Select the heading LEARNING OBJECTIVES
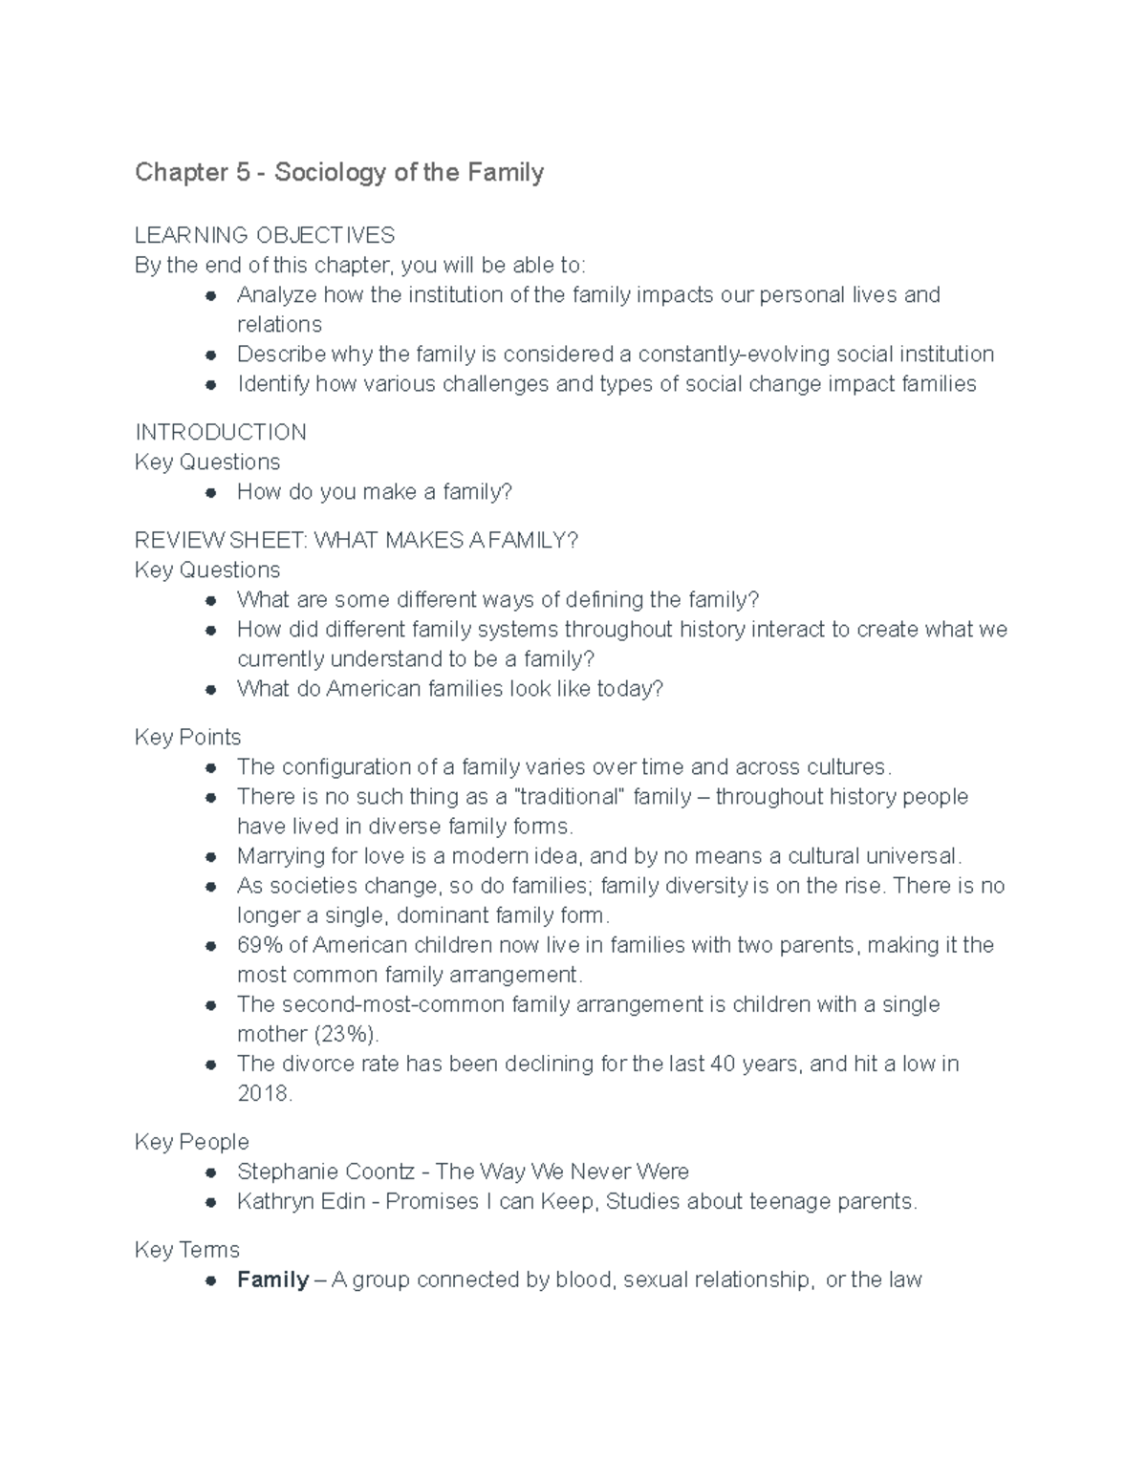(265, 235)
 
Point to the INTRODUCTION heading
(221, 432)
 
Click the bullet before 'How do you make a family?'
(210, 492)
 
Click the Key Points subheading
(188, 737)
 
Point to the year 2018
(263, 1093)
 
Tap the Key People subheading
(192, 1142)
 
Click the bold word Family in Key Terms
(272, 1280)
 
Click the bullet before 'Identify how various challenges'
(210, 384)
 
